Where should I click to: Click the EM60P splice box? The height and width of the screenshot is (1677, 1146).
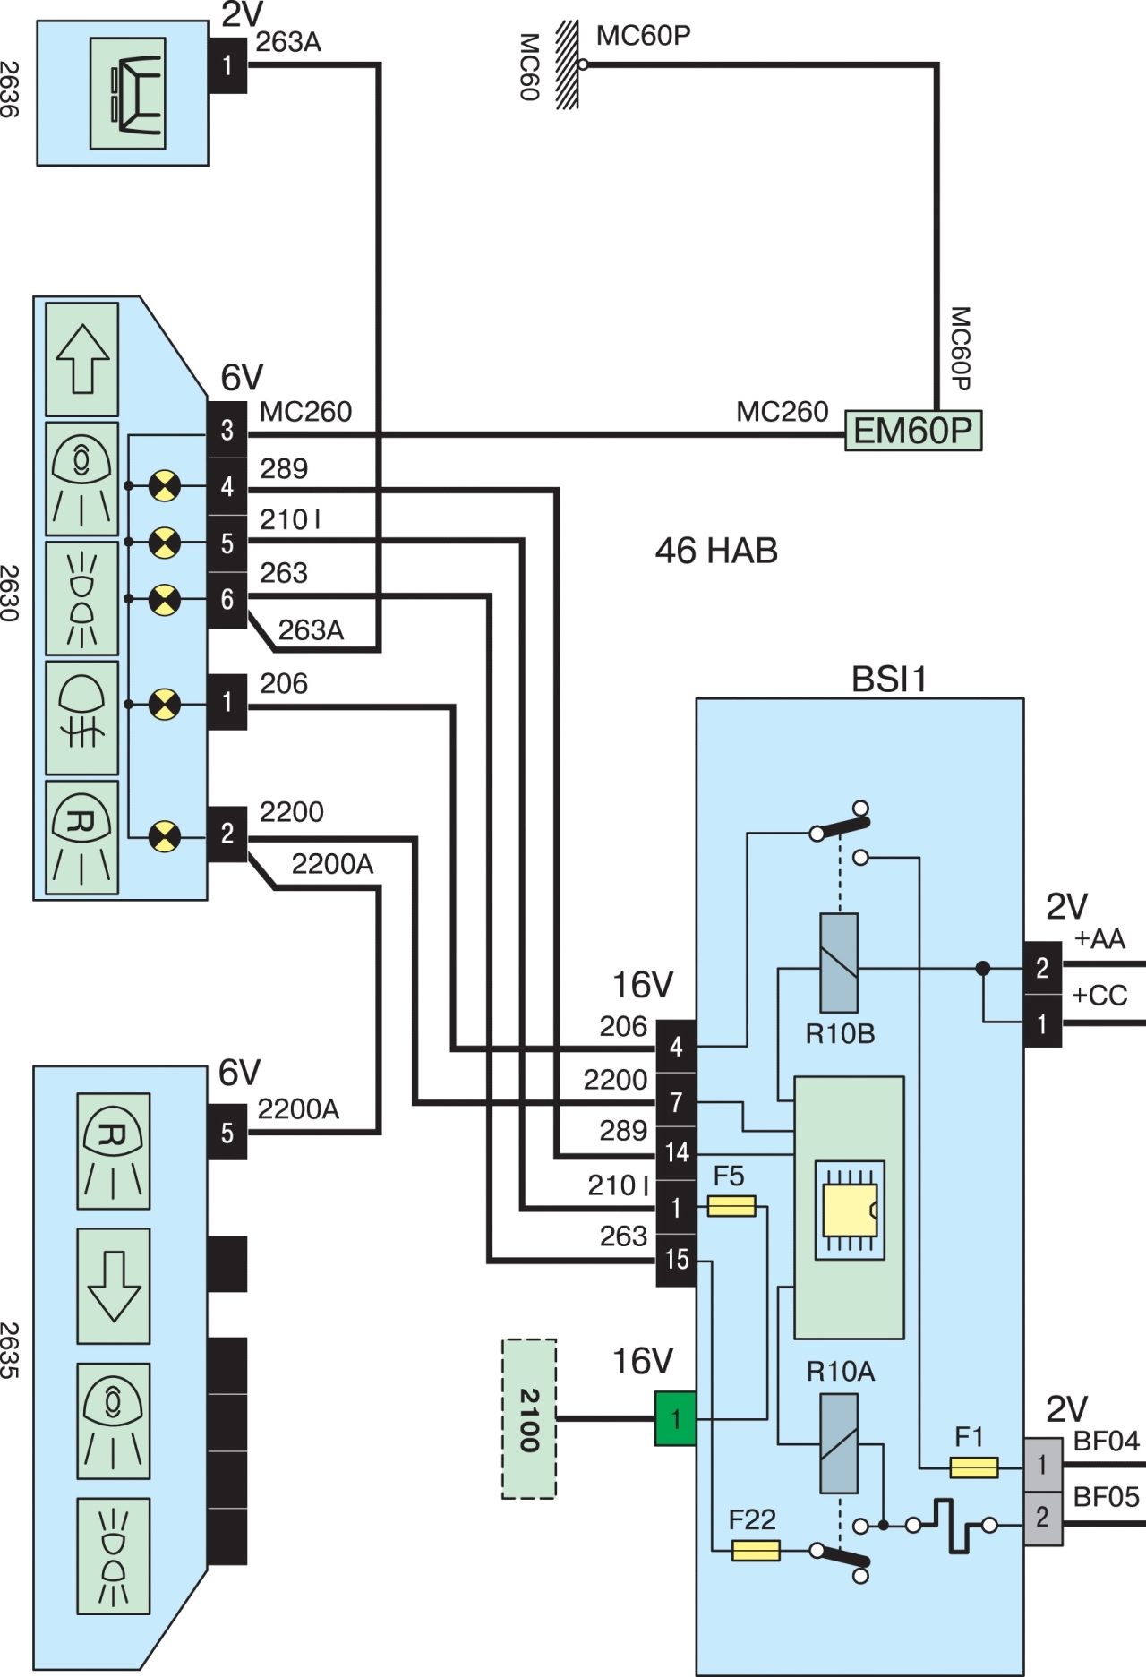point(913,431)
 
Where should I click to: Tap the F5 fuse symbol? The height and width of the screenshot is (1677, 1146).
point(731,1206)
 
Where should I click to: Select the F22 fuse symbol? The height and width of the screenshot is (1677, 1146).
point(756,1550)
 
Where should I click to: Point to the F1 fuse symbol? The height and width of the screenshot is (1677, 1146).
point(973,1467)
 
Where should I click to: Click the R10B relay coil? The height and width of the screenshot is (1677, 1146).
point(839,963)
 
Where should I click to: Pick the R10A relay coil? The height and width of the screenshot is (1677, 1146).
point(839,1444)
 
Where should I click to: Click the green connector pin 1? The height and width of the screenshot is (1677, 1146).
point(676,1418)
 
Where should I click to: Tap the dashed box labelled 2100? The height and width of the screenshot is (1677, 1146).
point(529,1418)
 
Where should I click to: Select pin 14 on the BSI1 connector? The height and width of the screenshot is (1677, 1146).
point(676,1152)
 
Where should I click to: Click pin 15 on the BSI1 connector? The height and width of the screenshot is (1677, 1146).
point(676,1260)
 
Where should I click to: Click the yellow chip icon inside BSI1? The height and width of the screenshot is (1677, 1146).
point(849,1210)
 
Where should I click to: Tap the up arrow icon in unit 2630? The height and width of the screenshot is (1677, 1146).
point(82,359)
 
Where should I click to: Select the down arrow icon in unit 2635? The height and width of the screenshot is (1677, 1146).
point(114,1286)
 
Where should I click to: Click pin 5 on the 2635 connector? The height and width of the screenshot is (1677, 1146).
point(227,1133)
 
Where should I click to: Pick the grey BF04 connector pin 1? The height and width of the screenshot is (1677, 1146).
point(1043,1466)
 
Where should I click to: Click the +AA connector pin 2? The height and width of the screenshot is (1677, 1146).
point(1043,968)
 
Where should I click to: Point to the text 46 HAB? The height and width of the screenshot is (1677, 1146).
point(716,551)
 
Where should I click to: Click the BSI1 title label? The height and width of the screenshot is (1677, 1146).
point(889,680)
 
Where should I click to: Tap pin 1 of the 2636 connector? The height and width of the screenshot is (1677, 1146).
point(227,64)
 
